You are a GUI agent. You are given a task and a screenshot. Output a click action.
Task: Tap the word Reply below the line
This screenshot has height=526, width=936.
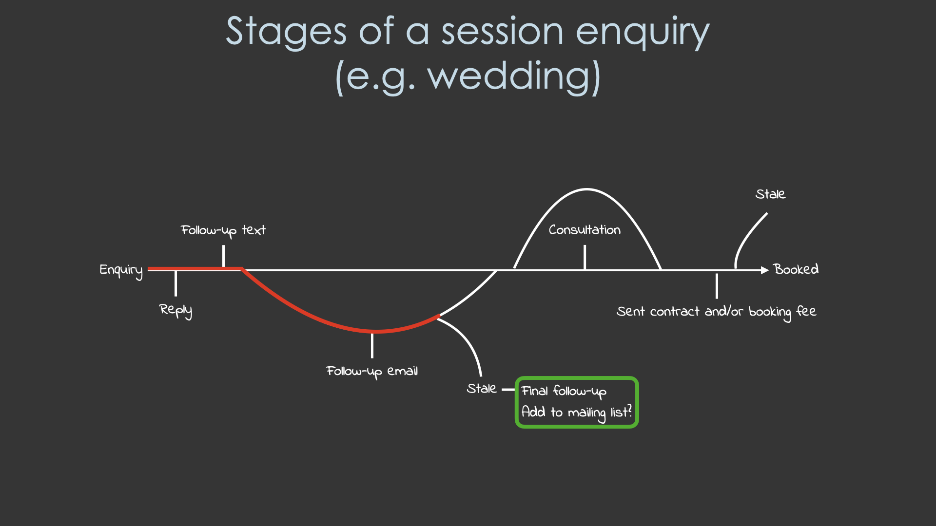click(175, 310)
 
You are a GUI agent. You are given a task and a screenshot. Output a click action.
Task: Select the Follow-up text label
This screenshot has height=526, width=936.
click(223, 230)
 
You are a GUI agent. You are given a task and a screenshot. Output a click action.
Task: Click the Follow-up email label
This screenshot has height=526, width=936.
click(371, 372)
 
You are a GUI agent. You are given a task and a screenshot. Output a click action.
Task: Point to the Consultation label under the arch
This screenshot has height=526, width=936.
click(585, 230)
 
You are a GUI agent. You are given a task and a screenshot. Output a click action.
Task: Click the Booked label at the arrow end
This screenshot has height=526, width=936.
click(796, 269)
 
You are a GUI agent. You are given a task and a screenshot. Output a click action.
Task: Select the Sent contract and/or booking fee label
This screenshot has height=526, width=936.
click(716, 312)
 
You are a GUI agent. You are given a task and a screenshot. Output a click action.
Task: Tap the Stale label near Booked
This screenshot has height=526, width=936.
click(770, 194)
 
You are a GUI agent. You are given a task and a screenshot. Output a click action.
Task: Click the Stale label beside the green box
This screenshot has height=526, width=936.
click(481, 389)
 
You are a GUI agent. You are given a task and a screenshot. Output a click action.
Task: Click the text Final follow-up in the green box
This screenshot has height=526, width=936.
click(564, 392)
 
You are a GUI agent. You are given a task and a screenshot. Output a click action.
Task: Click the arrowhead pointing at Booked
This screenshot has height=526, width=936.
click(764, 270)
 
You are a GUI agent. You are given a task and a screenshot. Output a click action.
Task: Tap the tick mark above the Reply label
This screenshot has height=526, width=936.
click(175, 283)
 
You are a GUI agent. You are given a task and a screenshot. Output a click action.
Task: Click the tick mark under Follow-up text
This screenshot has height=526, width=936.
click(223, 256)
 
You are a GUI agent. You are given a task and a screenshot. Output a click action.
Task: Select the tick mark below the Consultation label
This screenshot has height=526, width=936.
click(585, 257)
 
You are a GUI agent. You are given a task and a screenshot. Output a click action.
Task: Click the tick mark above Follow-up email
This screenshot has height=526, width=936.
click(372, 345)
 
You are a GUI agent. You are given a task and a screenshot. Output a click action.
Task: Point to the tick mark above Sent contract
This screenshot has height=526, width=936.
click(717, 286)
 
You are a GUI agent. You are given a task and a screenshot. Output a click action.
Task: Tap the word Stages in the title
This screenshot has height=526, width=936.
click(286, 32)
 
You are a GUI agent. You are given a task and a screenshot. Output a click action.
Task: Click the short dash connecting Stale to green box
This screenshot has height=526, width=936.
click(508, 390)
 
